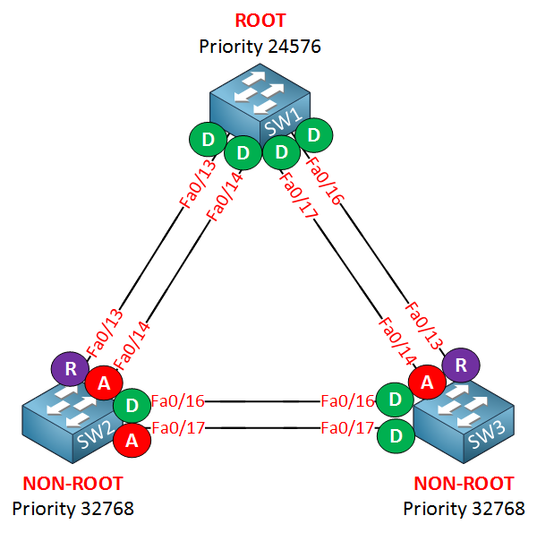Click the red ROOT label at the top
(259, 20)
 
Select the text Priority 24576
(260, 45)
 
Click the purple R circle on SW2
(69, 368)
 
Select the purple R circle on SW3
(462, 364)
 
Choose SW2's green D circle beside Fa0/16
(132, 405)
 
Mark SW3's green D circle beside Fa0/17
(395, 436)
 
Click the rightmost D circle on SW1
(314, 135)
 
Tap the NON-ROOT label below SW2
(72, 485)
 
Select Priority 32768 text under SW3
(464, 509)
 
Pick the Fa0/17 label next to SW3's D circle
(347, 429)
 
